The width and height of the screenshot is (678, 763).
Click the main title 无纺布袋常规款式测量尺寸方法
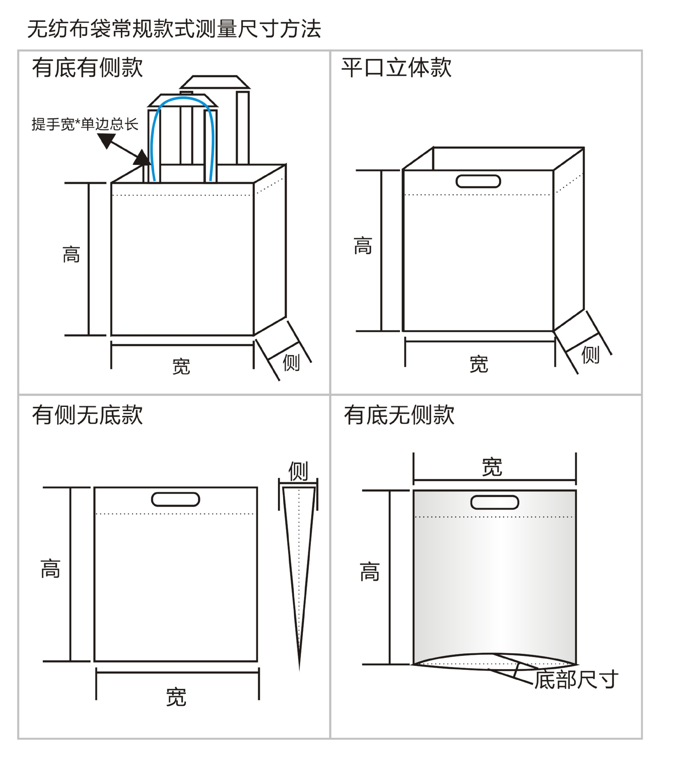[x=174, y=29]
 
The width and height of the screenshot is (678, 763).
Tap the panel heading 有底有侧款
[x=87, y=67]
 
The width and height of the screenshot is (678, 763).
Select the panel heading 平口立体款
[x=396, y=67]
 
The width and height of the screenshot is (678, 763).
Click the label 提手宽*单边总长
[x=85, y=124]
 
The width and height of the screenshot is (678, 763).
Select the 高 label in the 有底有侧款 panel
[x=71, y=255]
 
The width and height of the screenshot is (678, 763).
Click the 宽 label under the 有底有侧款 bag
[x=182, y=366]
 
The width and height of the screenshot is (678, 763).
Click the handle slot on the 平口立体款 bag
[x=478, y=181]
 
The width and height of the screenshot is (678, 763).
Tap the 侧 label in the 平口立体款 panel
[x=590, y=354]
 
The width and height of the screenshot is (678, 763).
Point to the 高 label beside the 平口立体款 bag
[x=363, y=246]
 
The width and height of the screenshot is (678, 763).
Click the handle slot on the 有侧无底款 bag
[x=176, y=499]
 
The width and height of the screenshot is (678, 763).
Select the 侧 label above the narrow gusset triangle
[x=298, y=471]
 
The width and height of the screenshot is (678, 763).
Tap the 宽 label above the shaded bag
[x=492, y=467]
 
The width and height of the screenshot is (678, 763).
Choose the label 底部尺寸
[x=576, y=680]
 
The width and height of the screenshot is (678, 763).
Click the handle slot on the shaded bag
[x=494, y=502]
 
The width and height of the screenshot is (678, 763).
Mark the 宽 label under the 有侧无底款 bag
[x=176, y=697]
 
